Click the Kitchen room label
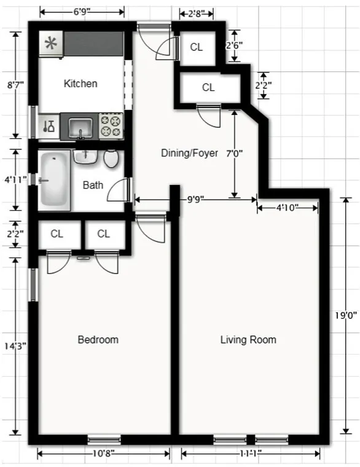[80, 84]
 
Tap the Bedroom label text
[98, 340]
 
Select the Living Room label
[248, 340]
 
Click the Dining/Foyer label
[189, 153]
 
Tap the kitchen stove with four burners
[111, 127]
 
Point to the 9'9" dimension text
[197, 199]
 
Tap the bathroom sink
[85, 156]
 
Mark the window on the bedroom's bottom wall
[103, 439]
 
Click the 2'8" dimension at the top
[197, 12]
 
